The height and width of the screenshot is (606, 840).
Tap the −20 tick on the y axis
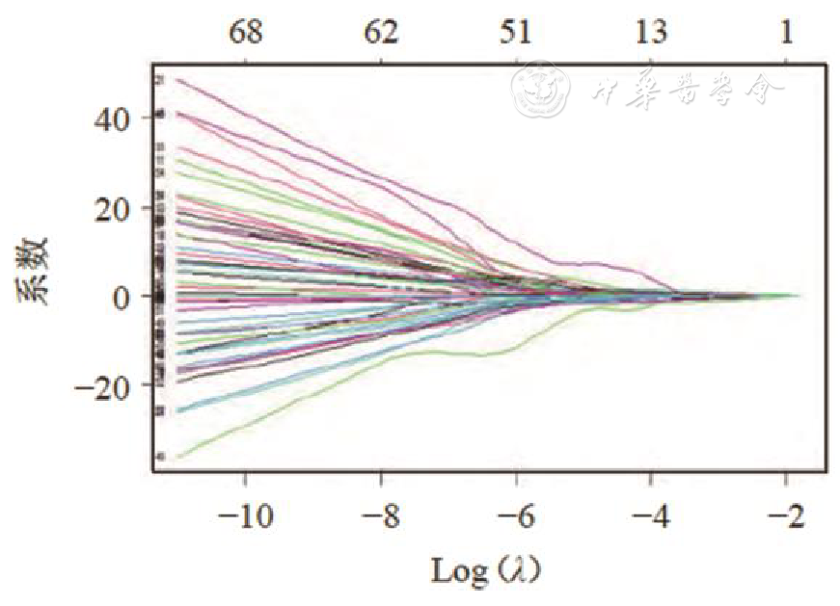[x=108, y=385]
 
